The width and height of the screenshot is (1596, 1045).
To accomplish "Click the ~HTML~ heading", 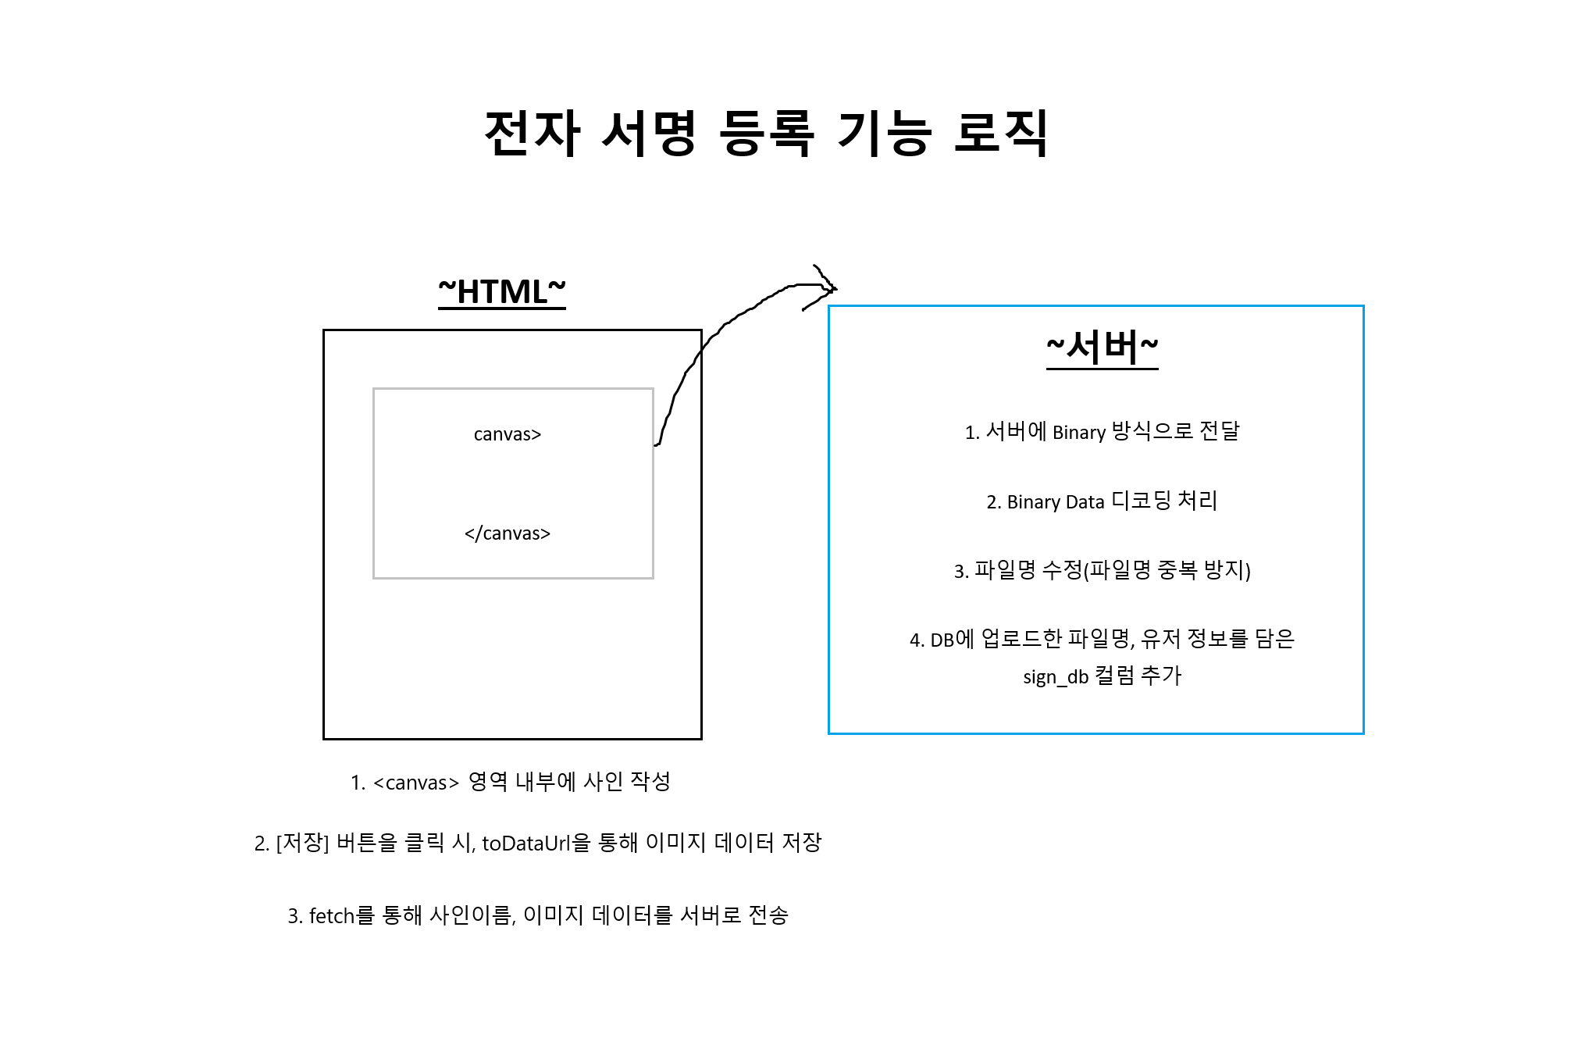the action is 502,292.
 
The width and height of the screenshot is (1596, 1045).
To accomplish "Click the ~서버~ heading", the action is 1102,347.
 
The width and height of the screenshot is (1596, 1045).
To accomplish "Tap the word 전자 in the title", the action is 533,133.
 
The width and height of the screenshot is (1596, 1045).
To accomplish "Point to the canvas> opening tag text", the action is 508,434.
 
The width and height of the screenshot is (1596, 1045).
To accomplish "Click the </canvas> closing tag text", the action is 508,533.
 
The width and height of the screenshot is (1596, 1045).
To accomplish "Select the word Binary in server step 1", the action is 1079,433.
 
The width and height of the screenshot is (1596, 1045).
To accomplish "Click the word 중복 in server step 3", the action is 1177,570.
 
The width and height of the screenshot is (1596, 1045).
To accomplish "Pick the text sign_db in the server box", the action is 1056,677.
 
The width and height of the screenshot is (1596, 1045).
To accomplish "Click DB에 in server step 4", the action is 952,640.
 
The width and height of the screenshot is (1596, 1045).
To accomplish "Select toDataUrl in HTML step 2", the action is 525,843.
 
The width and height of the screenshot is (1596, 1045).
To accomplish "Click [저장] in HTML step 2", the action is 302,843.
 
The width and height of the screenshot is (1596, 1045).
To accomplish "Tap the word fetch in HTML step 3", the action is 332,916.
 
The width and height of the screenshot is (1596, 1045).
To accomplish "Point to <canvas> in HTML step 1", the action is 415,783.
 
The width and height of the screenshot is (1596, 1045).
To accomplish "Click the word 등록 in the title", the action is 766,133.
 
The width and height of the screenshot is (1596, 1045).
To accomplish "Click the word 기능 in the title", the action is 884,133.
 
